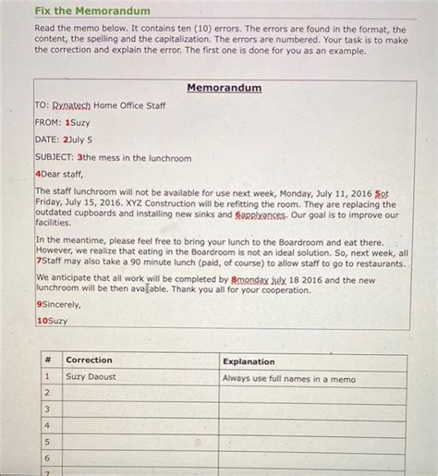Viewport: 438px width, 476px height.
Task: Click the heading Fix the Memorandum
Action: [x=91, y=11]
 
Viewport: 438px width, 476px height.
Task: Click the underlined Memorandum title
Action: [x=224, y=88]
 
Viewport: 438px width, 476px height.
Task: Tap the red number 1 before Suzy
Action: [x=67, y=122]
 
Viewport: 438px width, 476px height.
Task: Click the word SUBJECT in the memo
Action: [x=55, y=157]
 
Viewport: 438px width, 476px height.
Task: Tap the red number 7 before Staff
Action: [x=38, y=263]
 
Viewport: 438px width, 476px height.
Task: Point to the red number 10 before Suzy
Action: [x=42, y=321]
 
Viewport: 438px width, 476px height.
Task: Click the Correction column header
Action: [x=89, y=360]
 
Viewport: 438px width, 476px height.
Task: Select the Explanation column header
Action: [x=249, y=361]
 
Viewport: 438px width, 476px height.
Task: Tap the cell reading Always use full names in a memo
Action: [x=288, y=378]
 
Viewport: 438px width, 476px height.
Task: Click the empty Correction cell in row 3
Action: [x=139, y=409]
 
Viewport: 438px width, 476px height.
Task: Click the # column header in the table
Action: [x=46, y=360]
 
